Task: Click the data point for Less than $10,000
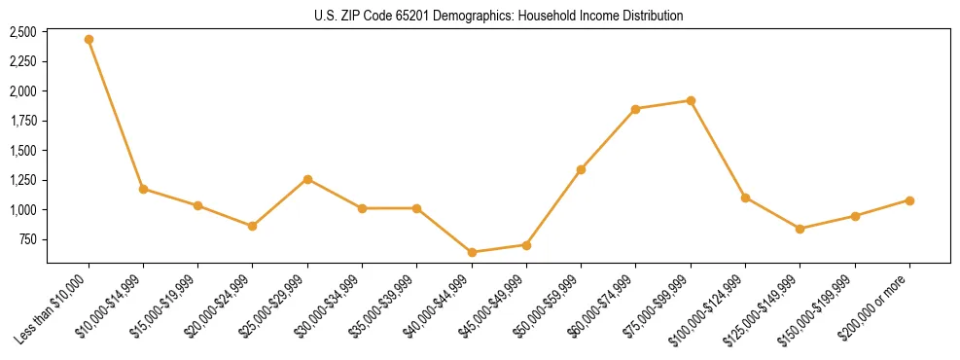(89, 40)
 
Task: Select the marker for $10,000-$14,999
(143, 189)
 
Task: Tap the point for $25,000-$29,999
(307, 179)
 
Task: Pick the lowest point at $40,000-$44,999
(472, 252)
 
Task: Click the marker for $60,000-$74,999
(635, 109)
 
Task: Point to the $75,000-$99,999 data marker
(691, 100)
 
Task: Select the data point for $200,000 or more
(909, 200)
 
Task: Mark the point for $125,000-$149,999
(800, 229)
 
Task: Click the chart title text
(498, 16)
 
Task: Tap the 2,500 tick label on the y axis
(22, 32)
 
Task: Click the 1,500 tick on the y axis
(22, 151)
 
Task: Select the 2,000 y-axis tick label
(22, 91)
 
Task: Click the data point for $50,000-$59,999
(581, 169)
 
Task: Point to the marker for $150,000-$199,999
(855, 216)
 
